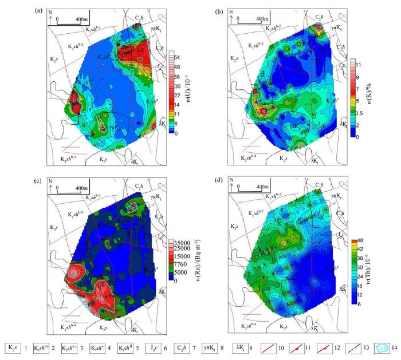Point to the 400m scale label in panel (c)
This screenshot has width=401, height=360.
[78, 188]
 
